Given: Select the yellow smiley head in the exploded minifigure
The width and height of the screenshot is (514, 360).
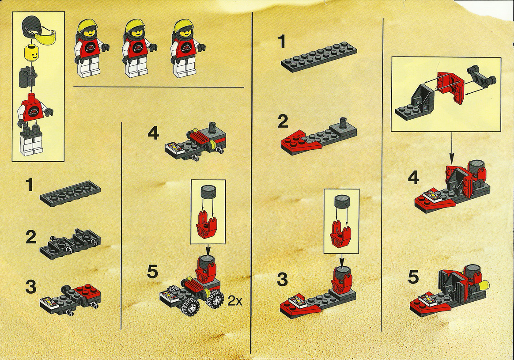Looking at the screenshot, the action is pyautogui.click(x=31, y=54).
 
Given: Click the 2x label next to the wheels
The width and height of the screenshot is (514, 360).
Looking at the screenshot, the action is pyautogui.click(x=235, y=301).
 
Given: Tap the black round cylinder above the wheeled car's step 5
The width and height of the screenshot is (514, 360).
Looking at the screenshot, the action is pyautogui.click(x=207, y=191).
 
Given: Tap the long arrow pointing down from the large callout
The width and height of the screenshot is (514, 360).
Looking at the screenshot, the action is pyautogui.click(x=452, y=148).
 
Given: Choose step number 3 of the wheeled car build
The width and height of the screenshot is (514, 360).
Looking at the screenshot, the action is pyautogui.click(x=31, y=287).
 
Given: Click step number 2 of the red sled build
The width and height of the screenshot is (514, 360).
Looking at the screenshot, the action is pyautogui.click(x=283, y=122).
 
